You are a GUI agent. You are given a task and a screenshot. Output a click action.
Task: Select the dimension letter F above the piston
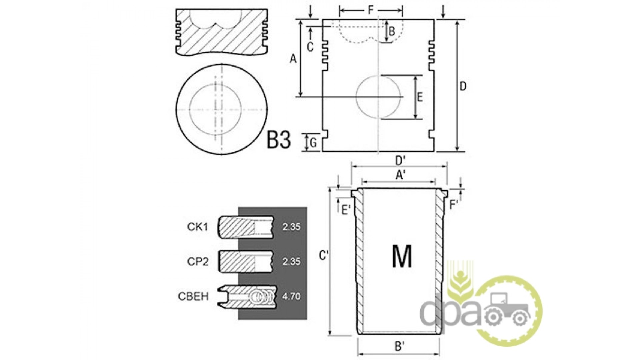[x=371, y=10]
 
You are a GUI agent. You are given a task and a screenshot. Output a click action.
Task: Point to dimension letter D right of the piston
[x=463, y=86]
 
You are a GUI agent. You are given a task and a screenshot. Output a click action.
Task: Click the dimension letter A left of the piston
[x=293, y=59]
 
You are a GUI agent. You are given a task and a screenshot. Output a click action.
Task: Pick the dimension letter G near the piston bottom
[x=313, y=143]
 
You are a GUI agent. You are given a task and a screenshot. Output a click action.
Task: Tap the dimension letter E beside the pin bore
[x=420, y=97]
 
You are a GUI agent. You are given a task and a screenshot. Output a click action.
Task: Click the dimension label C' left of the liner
[x=324, y=256]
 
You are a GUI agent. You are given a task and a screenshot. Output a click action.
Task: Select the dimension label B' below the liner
[x=400, y=347]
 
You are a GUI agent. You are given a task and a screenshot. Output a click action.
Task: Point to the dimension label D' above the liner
[x=400, y=161]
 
